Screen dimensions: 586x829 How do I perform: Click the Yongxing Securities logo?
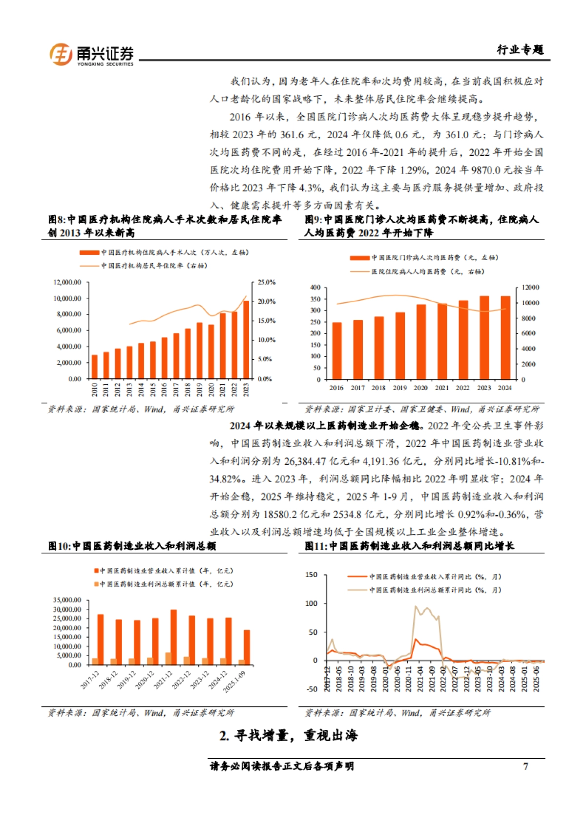[91, 55]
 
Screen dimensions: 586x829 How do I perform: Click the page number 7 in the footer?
[525, 766]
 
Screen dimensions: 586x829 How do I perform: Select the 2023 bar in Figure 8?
[246, 339]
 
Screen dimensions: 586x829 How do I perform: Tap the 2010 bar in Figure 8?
[95, 367]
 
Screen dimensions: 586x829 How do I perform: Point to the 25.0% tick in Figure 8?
[267, 282]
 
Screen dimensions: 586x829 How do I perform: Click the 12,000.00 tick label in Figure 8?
[67, 282]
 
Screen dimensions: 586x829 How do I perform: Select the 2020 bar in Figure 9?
[421, 342]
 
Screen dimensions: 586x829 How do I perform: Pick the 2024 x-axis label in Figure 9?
[504, 388]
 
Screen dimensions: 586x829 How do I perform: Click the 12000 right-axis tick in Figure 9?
[530, 288]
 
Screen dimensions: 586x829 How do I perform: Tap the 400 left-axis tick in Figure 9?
[315, 288]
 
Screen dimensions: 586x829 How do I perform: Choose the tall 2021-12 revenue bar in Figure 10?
[174, 637]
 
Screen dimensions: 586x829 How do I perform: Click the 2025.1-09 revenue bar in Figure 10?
[247, 647]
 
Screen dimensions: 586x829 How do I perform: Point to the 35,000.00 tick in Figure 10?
[67, 600]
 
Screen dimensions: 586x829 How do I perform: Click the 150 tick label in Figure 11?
[312, 575]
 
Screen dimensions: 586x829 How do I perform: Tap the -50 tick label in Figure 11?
[312, 689]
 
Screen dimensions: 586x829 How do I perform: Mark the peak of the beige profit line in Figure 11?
[416, 606]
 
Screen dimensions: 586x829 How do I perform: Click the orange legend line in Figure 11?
[357, 577]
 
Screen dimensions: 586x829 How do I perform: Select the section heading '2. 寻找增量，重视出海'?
[289, 735]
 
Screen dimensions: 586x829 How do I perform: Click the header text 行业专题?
[520, 50]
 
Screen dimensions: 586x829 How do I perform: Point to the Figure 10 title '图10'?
[59, 546]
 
